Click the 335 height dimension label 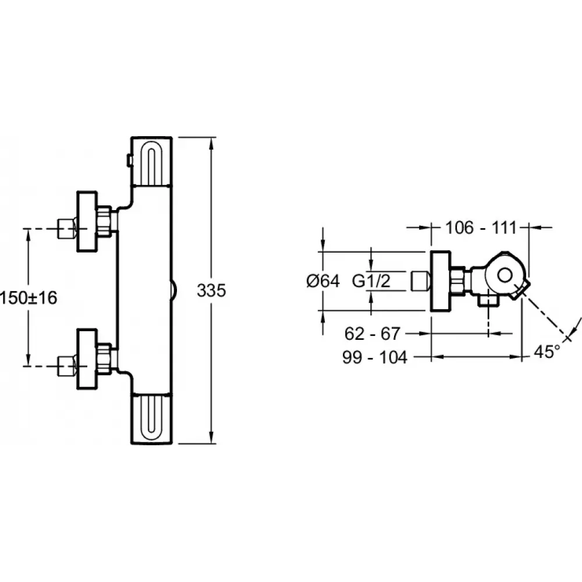pos(211,290)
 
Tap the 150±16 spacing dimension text pos(29,297)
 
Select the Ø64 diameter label pos(323,281)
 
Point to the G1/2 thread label pos(371,281)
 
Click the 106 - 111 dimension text pos(481,228)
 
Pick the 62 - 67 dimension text pos(372,333)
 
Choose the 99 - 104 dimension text pos(375,357)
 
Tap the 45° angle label pos(546,352)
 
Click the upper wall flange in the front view pos(87,222)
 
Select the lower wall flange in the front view pos(87,359)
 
